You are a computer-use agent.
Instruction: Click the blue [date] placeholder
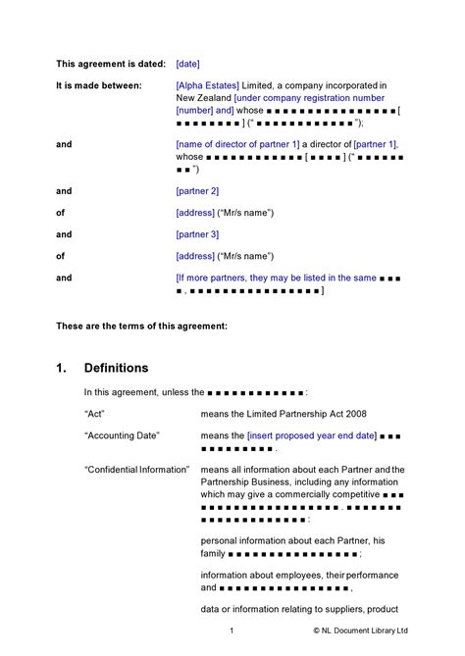[187, 64]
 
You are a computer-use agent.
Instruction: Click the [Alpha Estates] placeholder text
[209, 85]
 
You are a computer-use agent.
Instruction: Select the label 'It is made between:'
[99, 85]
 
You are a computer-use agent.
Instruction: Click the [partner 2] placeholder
[197, 190]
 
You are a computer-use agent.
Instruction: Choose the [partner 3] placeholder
[197, 234]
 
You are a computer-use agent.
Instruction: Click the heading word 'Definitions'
[116, 368]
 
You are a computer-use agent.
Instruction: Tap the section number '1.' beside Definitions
[61, 368]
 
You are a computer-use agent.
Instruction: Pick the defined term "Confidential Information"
[136, 470]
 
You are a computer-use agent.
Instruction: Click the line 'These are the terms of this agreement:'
[142, 325]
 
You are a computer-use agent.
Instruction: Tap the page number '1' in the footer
[232, 630]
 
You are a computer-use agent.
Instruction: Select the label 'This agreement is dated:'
[111, 64]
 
